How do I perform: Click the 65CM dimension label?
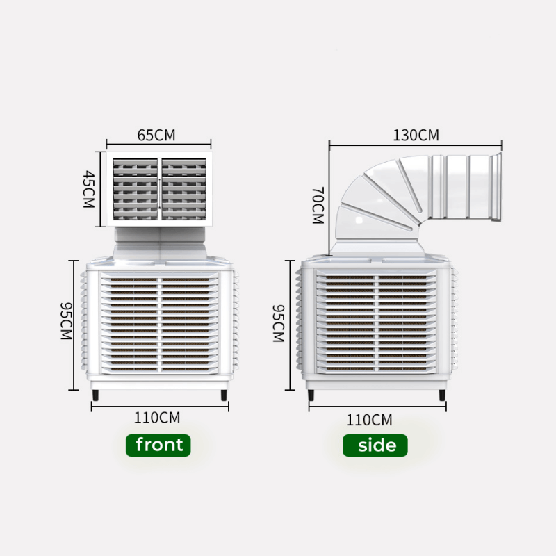pos(156,135)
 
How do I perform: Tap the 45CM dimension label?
pos(88,189)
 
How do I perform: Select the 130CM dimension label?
pos(416,135)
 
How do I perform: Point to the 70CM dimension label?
pos(318,205)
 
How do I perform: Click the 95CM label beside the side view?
pos(278,323)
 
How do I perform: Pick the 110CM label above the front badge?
pos(157,418)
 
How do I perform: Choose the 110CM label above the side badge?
pos(369,420)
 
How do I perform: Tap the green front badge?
pos(158,445)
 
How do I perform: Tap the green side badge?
pos(375,445)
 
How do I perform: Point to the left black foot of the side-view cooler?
pos(311,397)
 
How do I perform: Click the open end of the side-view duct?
pos(496,188)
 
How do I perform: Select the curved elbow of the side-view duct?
pos(375,198)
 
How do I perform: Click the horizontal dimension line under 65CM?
pos(158,147)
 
